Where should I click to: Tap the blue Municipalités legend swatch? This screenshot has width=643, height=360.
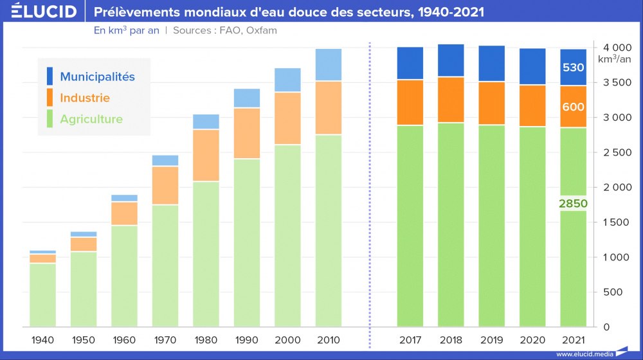point(50,76)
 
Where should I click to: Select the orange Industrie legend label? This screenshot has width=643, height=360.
point(85,98)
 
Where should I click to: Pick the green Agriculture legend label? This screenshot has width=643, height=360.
point(91,119)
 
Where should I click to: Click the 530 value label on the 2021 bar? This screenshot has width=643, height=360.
point(573,68)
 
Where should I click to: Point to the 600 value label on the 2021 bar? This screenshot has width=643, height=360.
point(573,107)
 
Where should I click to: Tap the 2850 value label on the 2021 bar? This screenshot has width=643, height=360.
point(573,203)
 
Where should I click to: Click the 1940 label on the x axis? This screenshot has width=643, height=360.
point(42,339)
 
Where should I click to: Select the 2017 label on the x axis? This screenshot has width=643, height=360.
point(410,339)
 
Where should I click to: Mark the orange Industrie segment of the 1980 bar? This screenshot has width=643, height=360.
point(206,156)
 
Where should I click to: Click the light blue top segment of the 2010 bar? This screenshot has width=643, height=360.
point(329,65)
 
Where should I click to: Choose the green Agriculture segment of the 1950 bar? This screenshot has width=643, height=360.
point(84,289)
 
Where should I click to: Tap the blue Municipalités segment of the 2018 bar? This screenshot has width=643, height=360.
point(451,60)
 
